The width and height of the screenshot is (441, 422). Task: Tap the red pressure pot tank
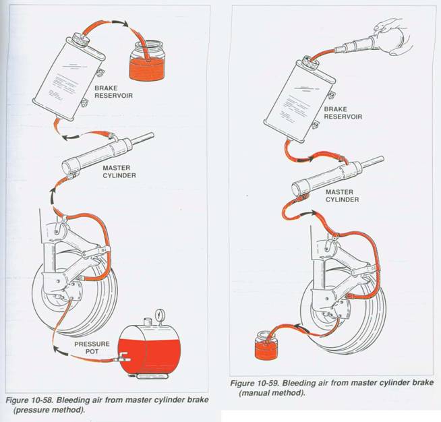[152, 348]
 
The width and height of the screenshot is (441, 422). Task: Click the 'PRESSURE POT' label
[89, 349]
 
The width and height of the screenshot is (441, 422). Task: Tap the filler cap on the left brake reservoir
[78, 37]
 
